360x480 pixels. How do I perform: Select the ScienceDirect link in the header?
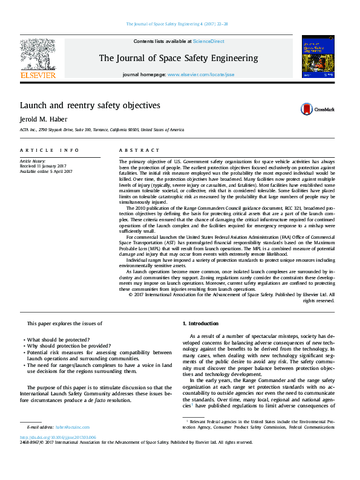209,42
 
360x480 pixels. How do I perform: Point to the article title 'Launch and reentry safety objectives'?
90,106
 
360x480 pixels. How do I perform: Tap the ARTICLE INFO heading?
49,150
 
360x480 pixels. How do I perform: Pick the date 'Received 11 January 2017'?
47,166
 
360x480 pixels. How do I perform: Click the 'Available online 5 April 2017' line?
46,171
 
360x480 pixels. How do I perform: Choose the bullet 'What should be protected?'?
59,340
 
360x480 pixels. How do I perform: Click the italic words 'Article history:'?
33,161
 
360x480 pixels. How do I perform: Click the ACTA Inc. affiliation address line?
102,130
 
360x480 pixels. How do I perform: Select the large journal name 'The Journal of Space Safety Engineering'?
178,59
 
